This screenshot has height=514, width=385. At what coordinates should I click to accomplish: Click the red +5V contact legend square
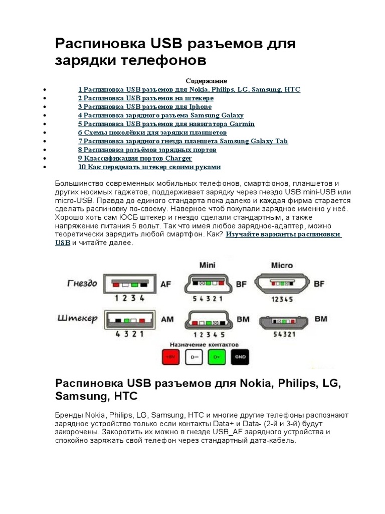(171, 357)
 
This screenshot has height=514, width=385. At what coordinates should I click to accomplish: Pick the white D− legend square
(194, 357)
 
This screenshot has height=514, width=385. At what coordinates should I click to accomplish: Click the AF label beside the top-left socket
(165, 284)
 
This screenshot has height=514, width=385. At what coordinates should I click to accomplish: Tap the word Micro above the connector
(281, 265)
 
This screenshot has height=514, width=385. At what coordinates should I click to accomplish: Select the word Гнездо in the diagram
(82, 283)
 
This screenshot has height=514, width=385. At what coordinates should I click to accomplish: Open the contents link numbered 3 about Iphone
(145, 107)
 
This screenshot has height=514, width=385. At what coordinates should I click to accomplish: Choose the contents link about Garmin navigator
(166, 124)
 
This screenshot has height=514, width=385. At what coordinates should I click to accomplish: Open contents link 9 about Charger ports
(135, 158)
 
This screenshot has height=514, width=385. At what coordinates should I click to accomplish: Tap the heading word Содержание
(207, 81)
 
